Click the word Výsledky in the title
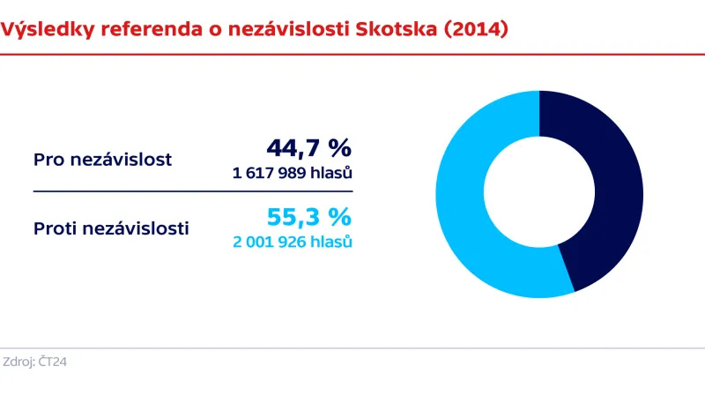[x=48, y=30]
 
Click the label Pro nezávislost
[x=102, y=160]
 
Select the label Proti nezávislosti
[x=111, y=229]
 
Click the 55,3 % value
[x=308, y=217]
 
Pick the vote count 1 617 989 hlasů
[x=293, y=173]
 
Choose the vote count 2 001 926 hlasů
[x=293, y=242]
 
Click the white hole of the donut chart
[x=539, y=194]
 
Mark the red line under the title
[x=352, y=55]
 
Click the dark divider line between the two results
[x=193, y=191]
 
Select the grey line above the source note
[x=352, y=348]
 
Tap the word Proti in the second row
[x=55, y=229]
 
